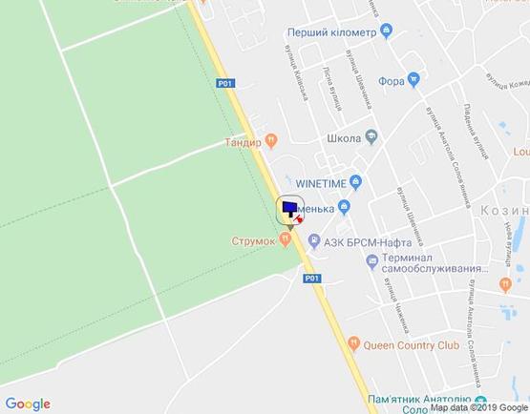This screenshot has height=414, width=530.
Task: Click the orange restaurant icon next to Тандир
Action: (x=271, y=141)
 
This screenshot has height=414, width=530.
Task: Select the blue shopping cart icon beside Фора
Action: (x=413, y=79)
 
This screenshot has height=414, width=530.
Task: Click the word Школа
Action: (x=343, y=138)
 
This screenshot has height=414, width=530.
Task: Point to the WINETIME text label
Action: (x=320, y=182)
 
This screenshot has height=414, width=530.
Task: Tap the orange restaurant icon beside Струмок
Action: (x=285, y=240)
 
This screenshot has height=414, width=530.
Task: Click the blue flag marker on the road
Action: (x=288, y=208)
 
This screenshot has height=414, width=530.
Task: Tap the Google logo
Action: (x=27, y=404)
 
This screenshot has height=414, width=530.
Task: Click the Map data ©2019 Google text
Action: (x=478, y=407)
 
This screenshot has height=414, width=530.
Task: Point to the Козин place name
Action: (x=506, y=212)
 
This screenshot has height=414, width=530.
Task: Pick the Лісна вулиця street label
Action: (x=330, y=92)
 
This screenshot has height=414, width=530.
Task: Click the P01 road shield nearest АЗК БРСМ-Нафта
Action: (x=309, y=279)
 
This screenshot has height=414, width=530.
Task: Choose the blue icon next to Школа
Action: (x=370, y=138)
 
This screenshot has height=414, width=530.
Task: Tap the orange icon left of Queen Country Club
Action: (x=352, y=344)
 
